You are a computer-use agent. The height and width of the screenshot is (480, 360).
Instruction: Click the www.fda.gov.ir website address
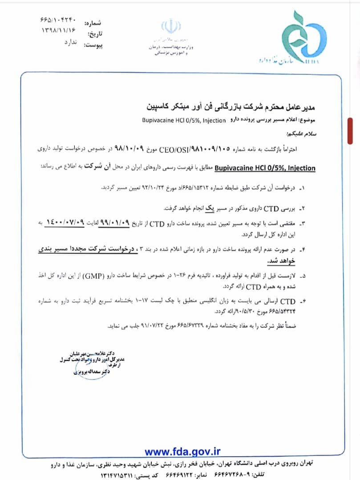pyautogui.click(x=182, y=452)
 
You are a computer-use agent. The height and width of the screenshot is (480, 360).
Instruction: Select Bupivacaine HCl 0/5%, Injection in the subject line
pyautogui.click(x=185, y=121)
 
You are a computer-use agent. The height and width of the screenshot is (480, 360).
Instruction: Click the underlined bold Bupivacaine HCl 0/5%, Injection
pyautogui.click(x=266, y=168)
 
